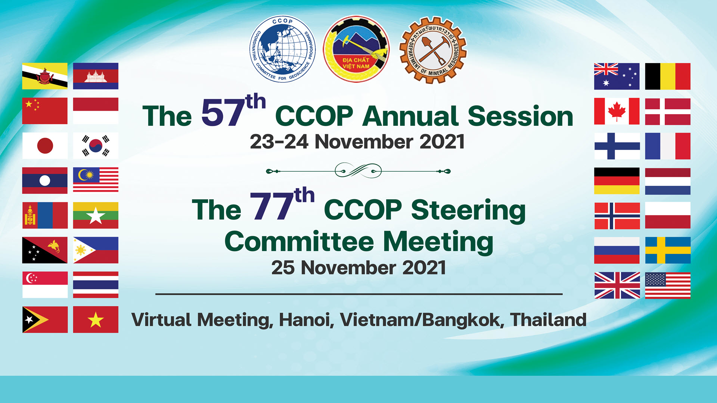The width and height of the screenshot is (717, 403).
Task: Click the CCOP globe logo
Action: tap(282, 49)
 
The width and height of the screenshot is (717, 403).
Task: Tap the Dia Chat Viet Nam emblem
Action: tap(356, 49)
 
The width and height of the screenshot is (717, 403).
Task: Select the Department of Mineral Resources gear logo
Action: tap(433, 50)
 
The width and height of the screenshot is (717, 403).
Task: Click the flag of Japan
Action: tap(45, 146)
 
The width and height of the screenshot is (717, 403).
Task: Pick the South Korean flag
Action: tap(96, 146)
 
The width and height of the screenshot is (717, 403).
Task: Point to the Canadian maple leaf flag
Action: tap(617, 111)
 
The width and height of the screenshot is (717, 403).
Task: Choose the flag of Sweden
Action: tap(668, 250)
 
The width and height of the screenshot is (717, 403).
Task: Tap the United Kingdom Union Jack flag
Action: tap(617, 285)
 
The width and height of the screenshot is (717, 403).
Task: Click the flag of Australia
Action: tap(617, 76)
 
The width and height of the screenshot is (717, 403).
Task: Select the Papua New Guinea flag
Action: tap(45, 250)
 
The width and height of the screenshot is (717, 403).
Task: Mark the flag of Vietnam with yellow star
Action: tap(96, 319)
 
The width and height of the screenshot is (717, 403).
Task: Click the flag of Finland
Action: tap(617, 146)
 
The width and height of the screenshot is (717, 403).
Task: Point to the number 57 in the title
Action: tap(223, 113)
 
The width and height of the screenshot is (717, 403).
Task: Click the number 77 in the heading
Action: tap(271, 206)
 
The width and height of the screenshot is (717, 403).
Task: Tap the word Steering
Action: tap(468, 211)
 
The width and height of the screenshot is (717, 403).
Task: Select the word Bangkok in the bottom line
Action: tap(463, 320)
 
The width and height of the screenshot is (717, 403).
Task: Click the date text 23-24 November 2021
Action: tap(357, 142)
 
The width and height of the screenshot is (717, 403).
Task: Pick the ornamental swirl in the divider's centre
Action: tap(358, 171)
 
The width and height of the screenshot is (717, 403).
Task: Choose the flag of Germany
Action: tap(617, 181)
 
